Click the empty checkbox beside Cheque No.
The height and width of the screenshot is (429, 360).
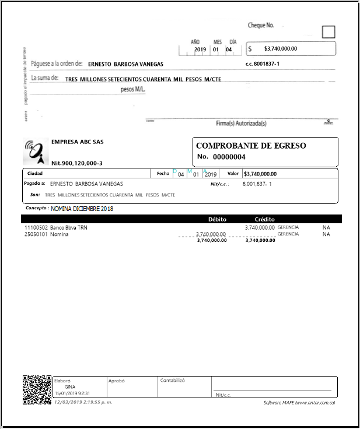[x=328, y=32]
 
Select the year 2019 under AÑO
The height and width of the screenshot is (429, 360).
[x=200, y=50]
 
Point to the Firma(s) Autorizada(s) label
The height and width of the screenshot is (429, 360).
[x=241, y=123]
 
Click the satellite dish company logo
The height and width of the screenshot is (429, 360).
[x=36, y=150]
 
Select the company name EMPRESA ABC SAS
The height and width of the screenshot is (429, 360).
[x=74, y=142]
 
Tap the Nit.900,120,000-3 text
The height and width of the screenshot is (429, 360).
[x=76, y=163]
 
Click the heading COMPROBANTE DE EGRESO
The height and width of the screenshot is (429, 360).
[x=251, y=146]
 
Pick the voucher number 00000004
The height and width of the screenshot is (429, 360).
[x=229, y=157]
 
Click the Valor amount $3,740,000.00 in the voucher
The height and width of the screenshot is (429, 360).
[x=260, y=174]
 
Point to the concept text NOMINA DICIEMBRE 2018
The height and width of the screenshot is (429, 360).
[x=82, y=208]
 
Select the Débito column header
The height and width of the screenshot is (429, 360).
[x=217, y=219]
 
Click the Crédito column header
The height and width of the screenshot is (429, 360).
[x=264, y=219]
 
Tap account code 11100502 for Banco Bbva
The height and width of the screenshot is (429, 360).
[x=36, y=227]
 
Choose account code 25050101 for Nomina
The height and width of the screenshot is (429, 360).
[x=36, y=234]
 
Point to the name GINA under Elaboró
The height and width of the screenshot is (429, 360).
[x=69, y=386]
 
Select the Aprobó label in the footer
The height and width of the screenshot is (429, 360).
[x=117, y=380]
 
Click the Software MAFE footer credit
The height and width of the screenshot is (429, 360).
[x=299, y=403]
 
